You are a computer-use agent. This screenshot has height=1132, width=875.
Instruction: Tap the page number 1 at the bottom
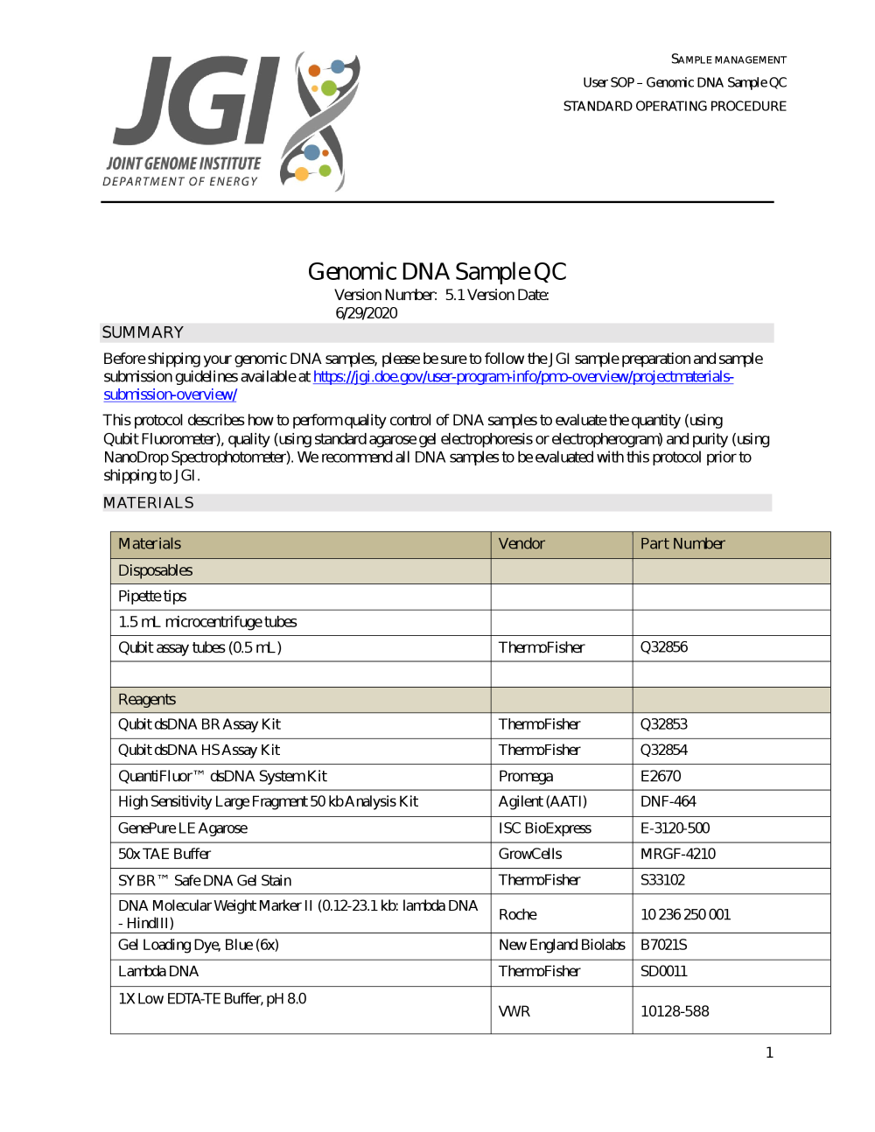click(x=769, y=1052)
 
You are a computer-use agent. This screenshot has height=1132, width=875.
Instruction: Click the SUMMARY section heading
click(x=143, y=332)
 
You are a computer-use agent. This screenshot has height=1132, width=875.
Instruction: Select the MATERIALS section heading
click(x=149, y=503)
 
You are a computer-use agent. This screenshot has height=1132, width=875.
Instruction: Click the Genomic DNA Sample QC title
click(x=437, y=271)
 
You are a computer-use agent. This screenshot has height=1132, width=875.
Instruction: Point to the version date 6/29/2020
click(x=366, y=313)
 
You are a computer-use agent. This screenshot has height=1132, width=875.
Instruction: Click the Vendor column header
click(x=521, y=544)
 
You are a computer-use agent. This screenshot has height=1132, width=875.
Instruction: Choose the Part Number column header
click(x=682, y=544)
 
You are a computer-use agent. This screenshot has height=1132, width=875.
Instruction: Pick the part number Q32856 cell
click(x=664, y=647)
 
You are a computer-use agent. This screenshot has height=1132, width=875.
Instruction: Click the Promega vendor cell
click(x=526, y=776)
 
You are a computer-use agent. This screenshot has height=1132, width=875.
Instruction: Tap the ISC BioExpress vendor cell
click(x=545, y=828)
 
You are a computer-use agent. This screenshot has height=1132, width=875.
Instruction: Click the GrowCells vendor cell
click(x=530, y=854)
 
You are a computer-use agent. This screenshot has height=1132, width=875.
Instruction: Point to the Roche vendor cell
click(x=518, y=914)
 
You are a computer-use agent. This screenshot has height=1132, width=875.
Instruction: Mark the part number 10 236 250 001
click(x=685, y=914)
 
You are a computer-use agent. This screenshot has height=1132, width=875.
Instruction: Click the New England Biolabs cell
click(x=562, y=945)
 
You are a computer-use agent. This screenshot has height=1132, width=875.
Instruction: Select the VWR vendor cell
click(x=514, y=1011)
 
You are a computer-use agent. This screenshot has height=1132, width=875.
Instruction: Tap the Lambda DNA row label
click(x=158, y=971)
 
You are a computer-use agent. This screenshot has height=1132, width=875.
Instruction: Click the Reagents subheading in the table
click(x=147, y=700)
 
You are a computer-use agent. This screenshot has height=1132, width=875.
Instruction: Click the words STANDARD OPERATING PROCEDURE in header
click(x=675, y=106)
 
